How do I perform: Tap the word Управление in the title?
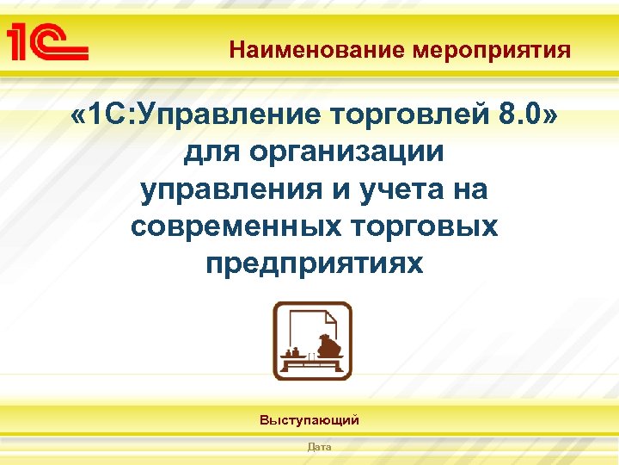[x=224, y=114]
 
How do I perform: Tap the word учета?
[x=395, y=189]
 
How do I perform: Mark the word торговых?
[x=428, y=226]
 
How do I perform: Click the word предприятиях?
[x=314, y=264]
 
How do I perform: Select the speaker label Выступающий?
[x=309, y=421]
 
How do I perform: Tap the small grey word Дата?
[x=319, y=447]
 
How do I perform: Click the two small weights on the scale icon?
[x=295, y=353]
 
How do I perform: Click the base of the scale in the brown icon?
[x=312, y=368]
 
